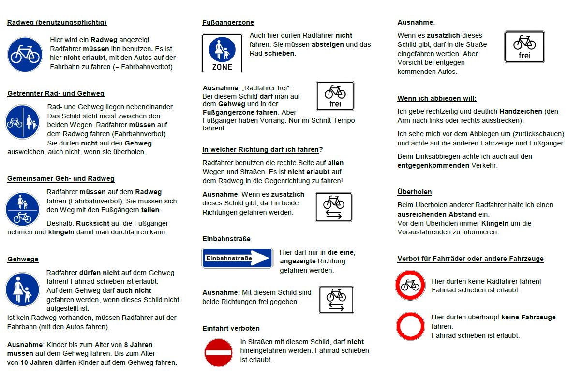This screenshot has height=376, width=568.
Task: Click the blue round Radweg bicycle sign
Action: click(x=25, y=54)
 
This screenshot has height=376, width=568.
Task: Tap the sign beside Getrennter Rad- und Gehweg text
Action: click(x=23, y=123)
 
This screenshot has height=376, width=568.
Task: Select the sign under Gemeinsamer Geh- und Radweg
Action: click(x=23, y=209)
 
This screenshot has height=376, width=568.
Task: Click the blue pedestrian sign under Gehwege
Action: click(x=22, y=289)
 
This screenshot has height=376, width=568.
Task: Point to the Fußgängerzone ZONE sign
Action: click(x=222, y=53)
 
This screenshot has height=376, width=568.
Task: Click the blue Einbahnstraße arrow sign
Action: click(x=237, y=258)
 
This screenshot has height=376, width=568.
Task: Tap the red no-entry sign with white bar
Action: click(x=219, y=352)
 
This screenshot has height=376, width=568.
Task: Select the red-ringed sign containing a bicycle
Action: click(x=410, y=285)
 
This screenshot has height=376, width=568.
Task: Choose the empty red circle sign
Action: click(x=410, y=326)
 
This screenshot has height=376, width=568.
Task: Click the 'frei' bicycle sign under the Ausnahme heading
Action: click(x=524, y=47)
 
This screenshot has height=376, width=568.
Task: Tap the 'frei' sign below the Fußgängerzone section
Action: click(x=335, y=96)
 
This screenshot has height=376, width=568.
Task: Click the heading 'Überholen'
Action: click(x=415, y=192)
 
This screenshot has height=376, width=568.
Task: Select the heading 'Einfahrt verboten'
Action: click(x=231, y=328)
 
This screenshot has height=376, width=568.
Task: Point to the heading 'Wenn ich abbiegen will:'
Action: click(x=437, y=98)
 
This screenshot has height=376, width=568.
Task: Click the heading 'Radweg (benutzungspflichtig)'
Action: click(x=57, y=22)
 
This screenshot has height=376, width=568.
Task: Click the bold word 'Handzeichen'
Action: click(x=521, y=111)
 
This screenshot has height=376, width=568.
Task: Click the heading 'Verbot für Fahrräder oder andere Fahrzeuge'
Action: click(x=470, y=259)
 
